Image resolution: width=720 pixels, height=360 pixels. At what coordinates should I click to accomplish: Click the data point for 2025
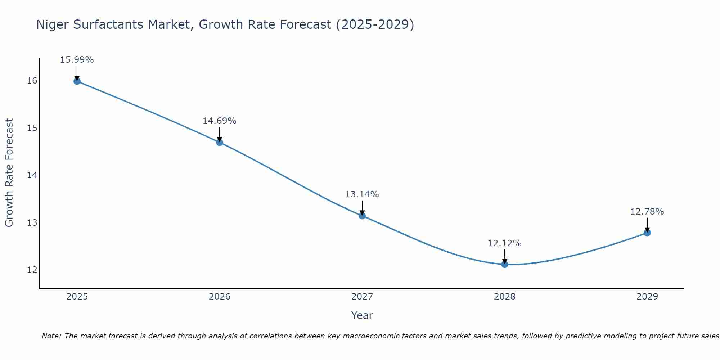pos(77,81)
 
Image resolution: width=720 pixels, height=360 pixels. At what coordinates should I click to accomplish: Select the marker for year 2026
pos(220,142)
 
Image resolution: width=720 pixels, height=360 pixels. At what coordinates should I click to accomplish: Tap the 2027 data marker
pos(362,216)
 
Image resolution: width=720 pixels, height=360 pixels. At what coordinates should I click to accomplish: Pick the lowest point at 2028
pos(505,264)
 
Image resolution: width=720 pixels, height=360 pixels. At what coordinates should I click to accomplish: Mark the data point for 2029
pos(647,233)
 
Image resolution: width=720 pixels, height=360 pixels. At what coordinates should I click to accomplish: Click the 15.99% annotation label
pos(77,60)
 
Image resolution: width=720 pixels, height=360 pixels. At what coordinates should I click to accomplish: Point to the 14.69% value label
pos(219,121)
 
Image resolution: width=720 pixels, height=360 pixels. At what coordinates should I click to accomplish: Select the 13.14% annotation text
pos(362,194)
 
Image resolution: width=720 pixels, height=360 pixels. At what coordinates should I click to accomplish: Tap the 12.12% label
pos(504,243)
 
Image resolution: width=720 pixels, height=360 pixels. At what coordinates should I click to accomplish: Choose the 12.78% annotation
pos(647,212)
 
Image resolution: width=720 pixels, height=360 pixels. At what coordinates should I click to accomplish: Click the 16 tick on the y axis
pos(32,81)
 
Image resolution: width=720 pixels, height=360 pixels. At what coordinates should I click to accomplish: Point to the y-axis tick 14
pos(32,175)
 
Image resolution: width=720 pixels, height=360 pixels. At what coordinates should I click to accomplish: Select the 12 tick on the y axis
pos(32,270)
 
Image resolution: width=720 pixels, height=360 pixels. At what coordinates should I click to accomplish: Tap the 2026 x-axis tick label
pos(220,297)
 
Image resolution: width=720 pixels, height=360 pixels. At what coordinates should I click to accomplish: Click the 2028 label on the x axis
pos(505,297)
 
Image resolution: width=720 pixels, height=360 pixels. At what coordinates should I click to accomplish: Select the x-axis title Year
pos(362,315)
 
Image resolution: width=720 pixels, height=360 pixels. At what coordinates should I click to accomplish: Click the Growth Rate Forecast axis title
pos(9,173)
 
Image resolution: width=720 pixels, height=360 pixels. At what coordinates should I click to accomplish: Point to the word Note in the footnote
pos(51,336)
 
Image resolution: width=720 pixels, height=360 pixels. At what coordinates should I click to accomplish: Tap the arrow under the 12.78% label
pos(647,225)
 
